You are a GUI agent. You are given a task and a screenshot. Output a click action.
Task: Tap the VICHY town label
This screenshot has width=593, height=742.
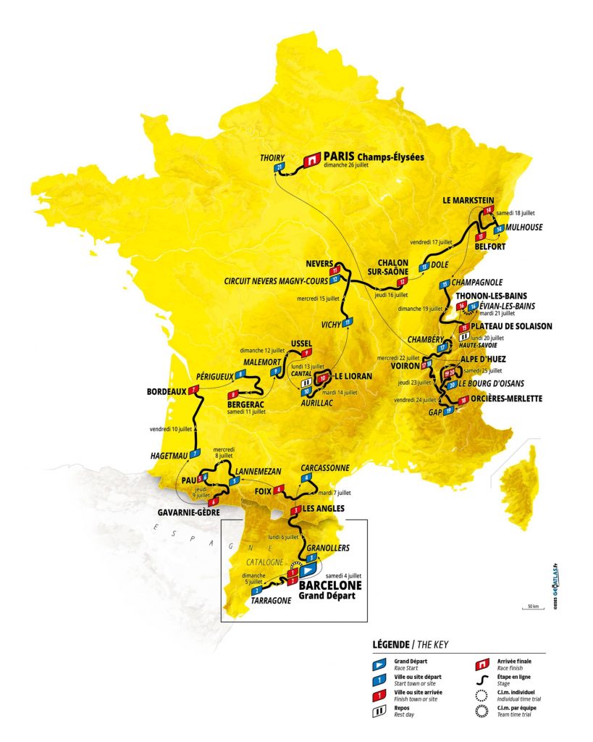coord(332,322)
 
